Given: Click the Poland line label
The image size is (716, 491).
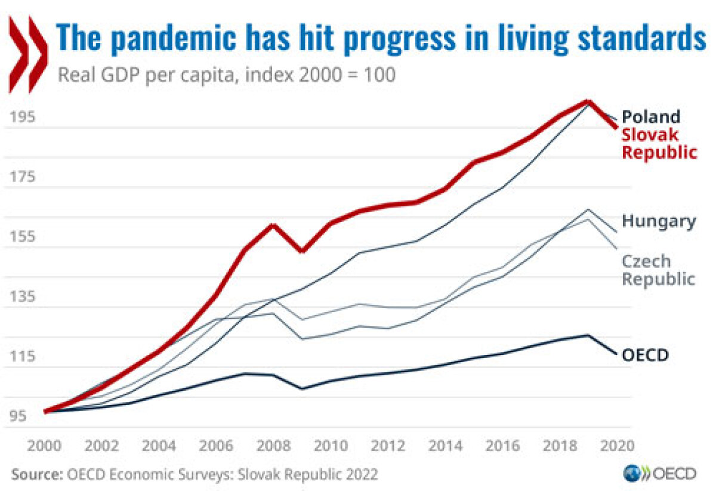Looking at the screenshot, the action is click(x=651, y=117).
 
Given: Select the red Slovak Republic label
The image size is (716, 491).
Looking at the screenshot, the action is click(x=659, y=144).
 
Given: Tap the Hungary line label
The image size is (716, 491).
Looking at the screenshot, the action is click(x=659, y=221).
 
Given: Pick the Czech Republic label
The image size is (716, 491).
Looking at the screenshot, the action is click(x=658, y=270).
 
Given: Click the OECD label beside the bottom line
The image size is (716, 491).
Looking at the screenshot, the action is click(x=645, y=355).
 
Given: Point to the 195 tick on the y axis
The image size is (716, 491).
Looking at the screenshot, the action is click(x=22, y=117).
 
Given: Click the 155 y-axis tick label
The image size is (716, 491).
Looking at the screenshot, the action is click(x=22, y=236).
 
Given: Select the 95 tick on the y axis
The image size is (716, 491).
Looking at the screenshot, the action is click(x=18, y=416).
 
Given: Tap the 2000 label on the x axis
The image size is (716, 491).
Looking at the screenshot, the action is click(x=44, y=446).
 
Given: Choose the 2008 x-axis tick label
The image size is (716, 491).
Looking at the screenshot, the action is click(x=273, y=446).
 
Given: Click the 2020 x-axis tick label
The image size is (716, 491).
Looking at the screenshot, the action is click(x=617, y=446).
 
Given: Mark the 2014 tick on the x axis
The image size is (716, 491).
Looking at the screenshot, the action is click(x=445, y=446).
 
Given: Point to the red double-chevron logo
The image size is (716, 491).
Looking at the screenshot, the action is click(x=28, y=54).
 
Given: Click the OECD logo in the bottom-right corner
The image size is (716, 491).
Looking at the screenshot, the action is click(x=659, y=474).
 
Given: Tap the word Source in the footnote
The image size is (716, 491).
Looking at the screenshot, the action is click(x=37, y=474).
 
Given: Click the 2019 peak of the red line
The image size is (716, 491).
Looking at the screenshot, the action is click(x=588, y=102).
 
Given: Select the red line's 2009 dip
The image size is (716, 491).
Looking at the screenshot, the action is click(x=302, y=251).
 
